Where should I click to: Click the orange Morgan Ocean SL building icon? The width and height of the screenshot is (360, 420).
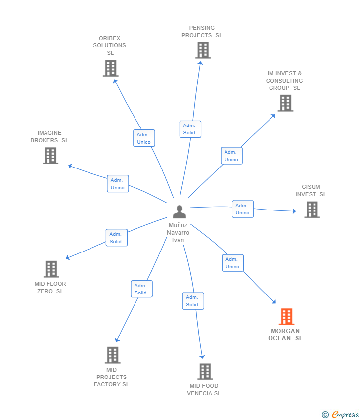[286, 316]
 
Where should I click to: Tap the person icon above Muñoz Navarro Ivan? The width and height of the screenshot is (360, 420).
[180, 211]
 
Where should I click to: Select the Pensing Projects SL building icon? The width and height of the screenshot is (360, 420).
[203, 50]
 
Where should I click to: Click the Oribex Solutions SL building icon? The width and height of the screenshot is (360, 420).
[111, 68]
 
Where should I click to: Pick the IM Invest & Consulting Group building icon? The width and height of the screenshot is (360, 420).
[285, 103]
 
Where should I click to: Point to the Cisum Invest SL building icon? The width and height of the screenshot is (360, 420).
[312, 210]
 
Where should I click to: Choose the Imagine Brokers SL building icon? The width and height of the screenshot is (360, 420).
[50, 156]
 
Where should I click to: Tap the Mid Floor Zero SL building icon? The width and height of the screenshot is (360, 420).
[51, 269]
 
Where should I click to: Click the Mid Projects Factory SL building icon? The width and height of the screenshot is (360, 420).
[113, 355]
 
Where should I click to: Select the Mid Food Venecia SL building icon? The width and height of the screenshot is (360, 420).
[205, 372]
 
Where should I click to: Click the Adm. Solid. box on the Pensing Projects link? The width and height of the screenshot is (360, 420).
[190, 129]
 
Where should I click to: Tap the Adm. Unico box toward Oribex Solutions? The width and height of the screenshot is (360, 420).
[144, 138]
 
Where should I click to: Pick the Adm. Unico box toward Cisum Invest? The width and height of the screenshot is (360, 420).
[243, 209]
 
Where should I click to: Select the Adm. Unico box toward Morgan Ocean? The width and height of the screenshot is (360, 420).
[233, 263]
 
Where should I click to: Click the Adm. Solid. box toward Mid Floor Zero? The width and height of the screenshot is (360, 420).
[117, 238]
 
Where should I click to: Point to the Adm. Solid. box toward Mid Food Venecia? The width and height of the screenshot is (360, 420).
[193, 301]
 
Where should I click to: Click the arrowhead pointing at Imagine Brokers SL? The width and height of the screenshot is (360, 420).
[70, 166]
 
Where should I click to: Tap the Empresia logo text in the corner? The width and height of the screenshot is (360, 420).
[345, 415]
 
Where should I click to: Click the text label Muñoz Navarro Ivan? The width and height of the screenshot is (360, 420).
[178, 233]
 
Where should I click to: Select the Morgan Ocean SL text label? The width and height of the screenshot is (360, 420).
[285, 335]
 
